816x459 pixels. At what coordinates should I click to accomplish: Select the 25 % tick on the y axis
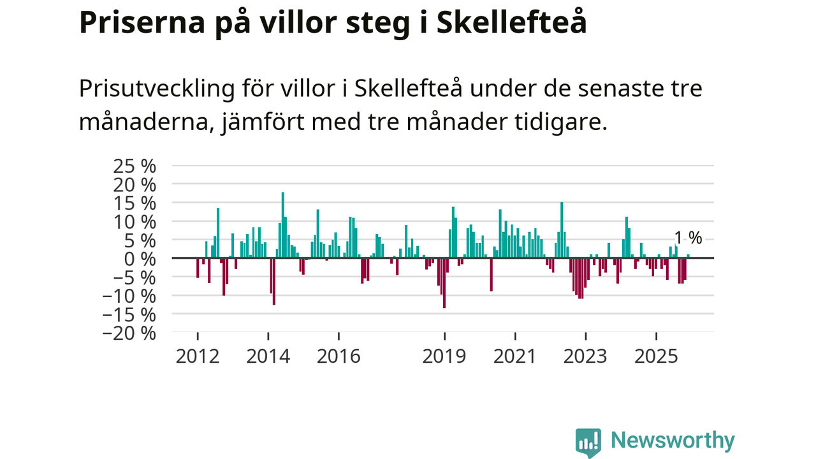(134, 166)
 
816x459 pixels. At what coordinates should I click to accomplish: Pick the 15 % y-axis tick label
(134, 203)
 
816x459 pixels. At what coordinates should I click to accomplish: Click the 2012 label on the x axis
(198, 356)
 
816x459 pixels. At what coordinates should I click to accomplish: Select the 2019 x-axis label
(444, 356)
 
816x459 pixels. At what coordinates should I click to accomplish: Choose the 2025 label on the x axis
(657, 356)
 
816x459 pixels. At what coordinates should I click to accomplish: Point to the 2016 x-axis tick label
(339, 356)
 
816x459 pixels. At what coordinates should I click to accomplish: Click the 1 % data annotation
(688, 238)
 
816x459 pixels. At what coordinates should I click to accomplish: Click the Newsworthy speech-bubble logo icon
(588, 442)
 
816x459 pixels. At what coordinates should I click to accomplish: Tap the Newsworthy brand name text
(673, 441)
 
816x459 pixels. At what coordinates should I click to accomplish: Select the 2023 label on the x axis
(586, 356)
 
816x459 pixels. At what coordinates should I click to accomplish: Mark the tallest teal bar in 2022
(562, 229)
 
